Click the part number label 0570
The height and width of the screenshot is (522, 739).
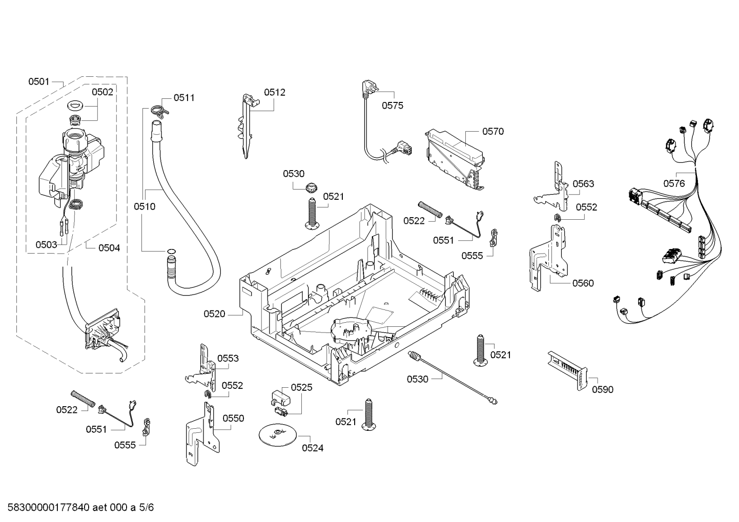click(x=492, y=132)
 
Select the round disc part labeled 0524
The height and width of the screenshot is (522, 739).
click(x=277, y=435)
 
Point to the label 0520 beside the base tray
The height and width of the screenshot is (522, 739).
click(x=214, y=314)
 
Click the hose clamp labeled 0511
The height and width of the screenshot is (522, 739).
click(x=159, y=110)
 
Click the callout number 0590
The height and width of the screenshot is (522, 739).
click(x=602, y=390)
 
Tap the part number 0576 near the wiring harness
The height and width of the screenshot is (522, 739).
click(x=674, y=183)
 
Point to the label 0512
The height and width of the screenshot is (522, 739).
click(x=275, y=93)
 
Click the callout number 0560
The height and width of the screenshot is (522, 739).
click(x=583, y=283)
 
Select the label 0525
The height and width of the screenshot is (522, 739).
click(x=301, y=388)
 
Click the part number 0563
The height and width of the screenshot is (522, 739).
click(x=583, y=184)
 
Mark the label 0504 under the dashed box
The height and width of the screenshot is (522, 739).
click(x=109, y=248)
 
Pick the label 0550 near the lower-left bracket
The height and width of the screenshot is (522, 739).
click(x=233, y=419)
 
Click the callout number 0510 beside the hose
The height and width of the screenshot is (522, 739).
click(x=144, y=207)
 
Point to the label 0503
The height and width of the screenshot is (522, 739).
click(x=46, y=245)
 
